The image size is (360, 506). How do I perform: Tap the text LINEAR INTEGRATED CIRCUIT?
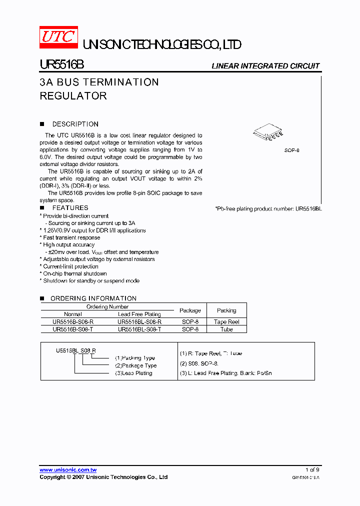pos(265,66)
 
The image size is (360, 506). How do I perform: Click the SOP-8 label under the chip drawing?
pos(292,150)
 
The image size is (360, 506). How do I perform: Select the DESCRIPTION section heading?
pos(75,124)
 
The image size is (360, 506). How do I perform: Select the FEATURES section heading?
pos(70,207)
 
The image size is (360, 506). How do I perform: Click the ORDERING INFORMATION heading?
pos(93,298)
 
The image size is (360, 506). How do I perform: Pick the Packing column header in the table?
pos(226,310)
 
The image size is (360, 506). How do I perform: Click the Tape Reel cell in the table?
pos(226,322)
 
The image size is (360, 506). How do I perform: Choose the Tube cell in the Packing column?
pos(226,329)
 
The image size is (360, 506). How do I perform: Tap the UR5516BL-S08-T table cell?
pos(139,329)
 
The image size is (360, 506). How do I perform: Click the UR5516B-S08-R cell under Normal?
pos(73,322)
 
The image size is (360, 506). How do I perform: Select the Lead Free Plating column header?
pos(139,314)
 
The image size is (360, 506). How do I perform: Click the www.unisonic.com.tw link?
pos(68,470)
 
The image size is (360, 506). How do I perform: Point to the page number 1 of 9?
pos(312,470)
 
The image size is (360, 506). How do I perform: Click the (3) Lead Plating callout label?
pos(133,373)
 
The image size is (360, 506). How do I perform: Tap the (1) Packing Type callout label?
pos(135,358)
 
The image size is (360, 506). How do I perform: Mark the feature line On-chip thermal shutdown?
pos(75,273)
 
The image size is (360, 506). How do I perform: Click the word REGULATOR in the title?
pos(73,95)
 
